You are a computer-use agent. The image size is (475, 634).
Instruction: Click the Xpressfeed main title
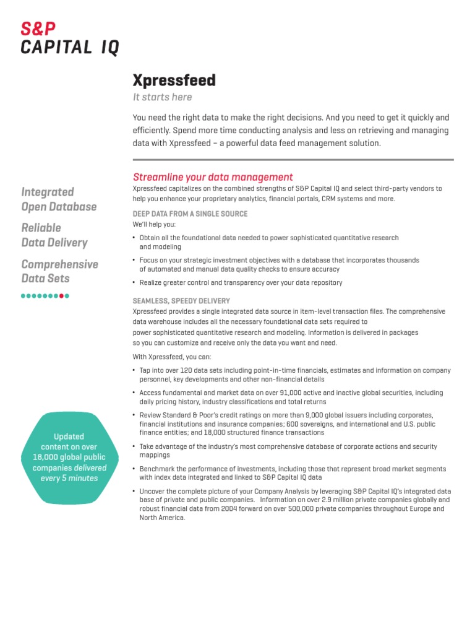coord(174,80)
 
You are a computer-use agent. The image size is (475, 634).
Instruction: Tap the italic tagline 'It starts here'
coord(163,97)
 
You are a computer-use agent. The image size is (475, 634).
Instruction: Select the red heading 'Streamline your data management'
coord(213,177)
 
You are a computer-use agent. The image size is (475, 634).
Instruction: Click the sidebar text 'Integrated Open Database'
coord(59,199)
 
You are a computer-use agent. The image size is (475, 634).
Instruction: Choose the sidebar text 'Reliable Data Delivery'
coord(54,235)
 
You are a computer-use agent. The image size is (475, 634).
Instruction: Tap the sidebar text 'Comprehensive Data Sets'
coord(59,271)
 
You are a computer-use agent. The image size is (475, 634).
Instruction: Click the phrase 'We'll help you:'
coord(154,224)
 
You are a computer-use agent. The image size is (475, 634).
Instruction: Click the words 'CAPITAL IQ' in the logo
coord(70,47)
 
